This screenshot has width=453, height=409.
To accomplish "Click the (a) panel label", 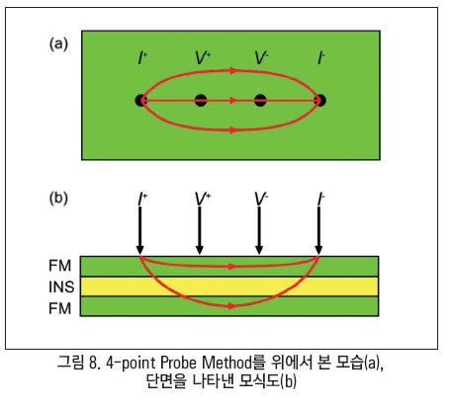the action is click(x=58, y=43).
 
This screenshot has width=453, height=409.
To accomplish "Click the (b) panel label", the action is click(x=58, y=198).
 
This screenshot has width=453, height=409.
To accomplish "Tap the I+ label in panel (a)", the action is click(x=142, y=58).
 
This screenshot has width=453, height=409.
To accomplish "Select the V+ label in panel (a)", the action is click(x=203, y=58).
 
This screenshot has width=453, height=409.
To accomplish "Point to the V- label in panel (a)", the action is click(x=261, y=58).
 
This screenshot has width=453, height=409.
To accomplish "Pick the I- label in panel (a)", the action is click(x=320, y=58).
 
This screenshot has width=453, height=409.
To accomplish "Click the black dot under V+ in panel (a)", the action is click(x=201, y=100).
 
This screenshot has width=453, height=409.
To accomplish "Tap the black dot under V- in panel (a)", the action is click(x=260, y=100).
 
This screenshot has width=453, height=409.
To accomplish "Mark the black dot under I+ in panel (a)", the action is click(x=140, y=100).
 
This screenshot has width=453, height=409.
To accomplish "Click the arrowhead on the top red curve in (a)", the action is click(x=233, y=70).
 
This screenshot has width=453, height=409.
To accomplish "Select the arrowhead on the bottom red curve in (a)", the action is click(x=233, y=130).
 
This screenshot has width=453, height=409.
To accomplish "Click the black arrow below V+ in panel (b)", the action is click(x=200, y=230).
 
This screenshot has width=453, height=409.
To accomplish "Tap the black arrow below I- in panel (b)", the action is click(x=318, y=230).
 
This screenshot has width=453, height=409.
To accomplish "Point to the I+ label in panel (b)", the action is click(x=142, y=200).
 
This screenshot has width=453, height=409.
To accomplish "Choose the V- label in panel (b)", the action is click(x=261, y=200).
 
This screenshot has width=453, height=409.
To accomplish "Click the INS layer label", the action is click(x=61, y=286).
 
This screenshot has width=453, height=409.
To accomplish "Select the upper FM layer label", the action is click(x=59, y=266).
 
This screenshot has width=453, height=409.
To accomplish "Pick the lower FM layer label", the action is click(x=59, y=308).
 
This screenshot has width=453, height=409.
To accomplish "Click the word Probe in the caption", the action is click(x=179, y=363).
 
